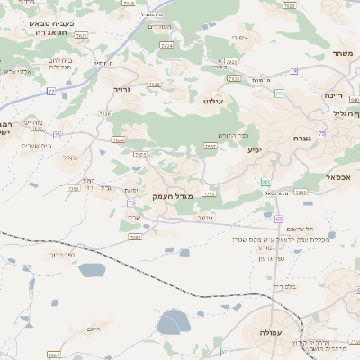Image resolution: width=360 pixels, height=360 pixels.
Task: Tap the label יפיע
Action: point(254,149)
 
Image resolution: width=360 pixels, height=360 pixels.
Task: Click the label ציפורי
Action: point(239,38)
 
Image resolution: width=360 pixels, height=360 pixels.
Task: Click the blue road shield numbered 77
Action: point(51,91)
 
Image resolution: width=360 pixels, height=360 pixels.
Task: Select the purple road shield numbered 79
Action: point(294,70)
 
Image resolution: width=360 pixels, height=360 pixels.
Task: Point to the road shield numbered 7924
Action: point(166,43)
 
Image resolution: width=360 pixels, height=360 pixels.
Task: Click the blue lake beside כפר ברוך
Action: point(93,269)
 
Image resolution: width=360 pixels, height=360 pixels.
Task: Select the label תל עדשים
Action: point(298,229)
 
